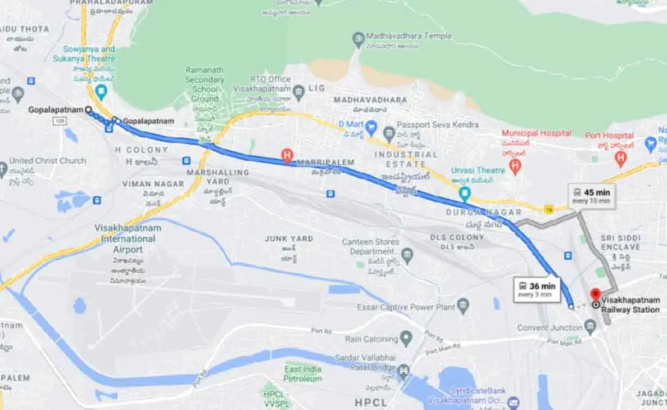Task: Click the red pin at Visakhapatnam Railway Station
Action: point(596,294)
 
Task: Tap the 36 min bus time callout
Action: point(537,289)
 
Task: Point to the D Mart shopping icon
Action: point(370,128)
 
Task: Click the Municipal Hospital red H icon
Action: point(515,165)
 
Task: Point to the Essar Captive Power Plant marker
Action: point(463,307)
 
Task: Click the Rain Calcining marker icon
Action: point(406,338)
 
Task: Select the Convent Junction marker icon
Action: point(589,326)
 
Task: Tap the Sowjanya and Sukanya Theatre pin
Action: point(101,92)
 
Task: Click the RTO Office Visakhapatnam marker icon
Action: point(299,90)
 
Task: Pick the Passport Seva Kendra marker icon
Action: point(389,134)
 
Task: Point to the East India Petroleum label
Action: point(303,374)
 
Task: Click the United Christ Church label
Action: point(48,161)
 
